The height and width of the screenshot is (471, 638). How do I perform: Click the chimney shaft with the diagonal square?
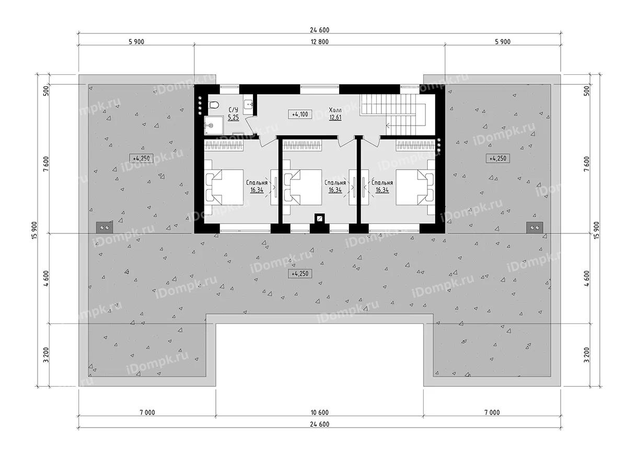tap(318, 218)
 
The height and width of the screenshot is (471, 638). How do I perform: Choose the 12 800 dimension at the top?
tap(319, 42)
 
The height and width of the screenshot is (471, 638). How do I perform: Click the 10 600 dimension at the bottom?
tap(319, 412)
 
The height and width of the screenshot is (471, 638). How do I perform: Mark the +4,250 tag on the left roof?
tap(141, 158)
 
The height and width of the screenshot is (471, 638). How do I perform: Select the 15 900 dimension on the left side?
tap(34, 230)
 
